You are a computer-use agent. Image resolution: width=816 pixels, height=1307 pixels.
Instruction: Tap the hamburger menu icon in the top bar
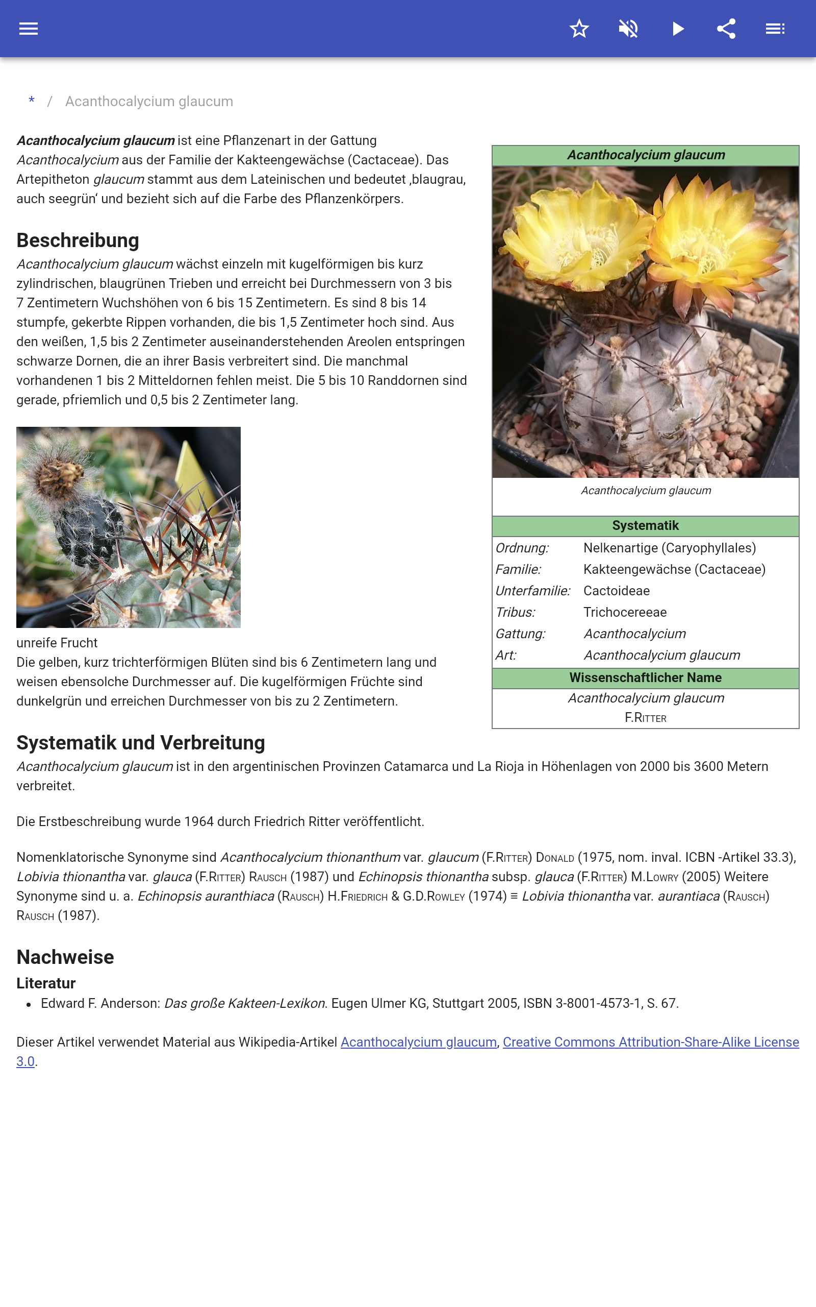click(29, 29)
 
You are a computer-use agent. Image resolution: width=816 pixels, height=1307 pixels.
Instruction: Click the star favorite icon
click(579, 29)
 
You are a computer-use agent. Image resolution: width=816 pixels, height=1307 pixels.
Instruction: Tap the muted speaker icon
click(628, 29)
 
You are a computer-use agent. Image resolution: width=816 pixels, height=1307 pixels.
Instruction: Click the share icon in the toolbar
click(726, 29)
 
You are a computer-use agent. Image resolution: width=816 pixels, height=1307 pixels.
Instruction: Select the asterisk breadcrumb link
click(32, 101)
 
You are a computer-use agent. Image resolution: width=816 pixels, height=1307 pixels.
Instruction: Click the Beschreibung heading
click(78, 240)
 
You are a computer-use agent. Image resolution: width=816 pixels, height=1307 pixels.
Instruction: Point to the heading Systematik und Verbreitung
click(140, 743)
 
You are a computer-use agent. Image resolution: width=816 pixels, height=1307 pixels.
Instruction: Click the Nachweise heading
click(65, 957)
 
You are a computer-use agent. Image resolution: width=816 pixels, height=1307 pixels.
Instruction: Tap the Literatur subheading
click(46, 983)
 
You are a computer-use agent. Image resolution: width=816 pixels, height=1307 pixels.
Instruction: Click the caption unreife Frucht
click(57, 643)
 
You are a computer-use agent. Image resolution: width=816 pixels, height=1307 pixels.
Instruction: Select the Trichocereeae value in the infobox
click(625, 612)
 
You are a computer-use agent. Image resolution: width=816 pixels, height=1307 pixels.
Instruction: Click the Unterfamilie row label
click(532, 590)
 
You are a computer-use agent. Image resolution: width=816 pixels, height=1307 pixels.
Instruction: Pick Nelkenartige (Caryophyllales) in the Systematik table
click(669, 548)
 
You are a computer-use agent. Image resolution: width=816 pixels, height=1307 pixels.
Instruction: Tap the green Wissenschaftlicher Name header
click(645, 677)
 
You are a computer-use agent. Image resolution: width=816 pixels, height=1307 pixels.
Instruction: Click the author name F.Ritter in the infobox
click(645, 718)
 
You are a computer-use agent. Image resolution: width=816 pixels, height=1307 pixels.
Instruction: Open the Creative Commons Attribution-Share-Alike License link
click(650, 1042)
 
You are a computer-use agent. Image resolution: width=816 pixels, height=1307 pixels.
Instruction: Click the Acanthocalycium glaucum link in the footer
click(418, 1042)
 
